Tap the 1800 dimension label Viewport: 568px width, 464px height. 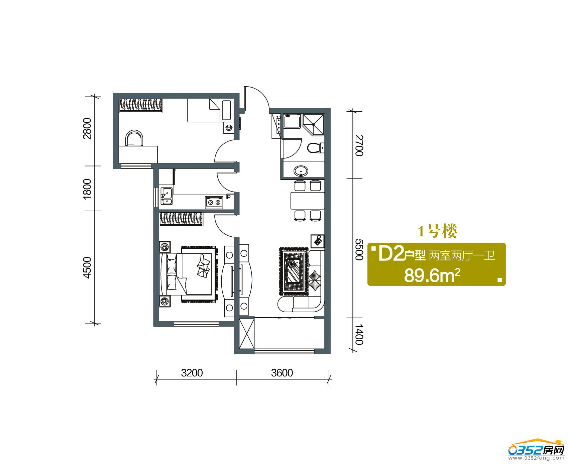[x=87, y=189]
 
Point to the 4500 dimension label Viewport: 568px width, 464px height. [x=87, y=267]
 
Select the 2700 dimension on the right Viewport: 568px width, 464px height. [x=359, y=145]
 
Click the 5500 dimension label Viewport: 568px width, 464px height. [x=359, y=249]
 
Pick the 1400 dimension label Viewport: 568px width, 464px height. [x=359, y=334]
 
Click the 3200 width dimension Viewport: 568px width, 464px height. [x=192, y=372]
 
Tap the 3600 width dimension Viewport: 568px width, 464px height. [x=282, y=372]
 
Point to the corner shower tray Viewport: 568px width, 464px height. [x=313, y=124]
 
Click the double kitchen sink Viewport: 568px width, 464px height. [x=166, y=196]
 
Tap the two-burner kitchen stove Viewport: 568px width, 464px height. [x=214, y=202]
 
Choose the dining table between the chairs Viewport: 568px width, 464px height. [x=308, y=201]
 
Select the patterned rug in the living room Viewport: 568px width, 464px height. [x=293, y=272]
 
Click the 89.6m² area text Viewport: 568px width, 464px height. [x=432, y=276]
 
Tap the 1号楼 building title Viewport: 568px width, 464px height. [x=437, y=231]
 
